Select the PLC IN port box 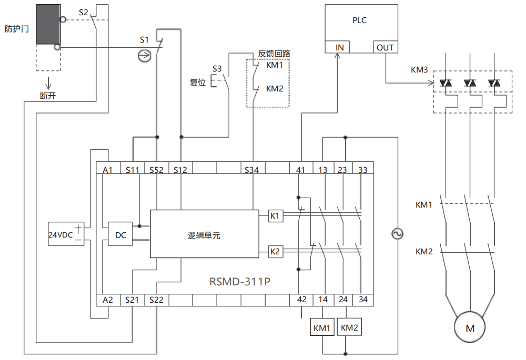coord(339,47)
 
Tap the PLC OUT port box coord(385,47)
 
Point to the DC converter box coord(121,235)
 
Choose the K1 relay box coord(276,215)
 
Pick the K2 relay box coord(276,252)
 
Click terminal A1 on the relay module coord(108,169)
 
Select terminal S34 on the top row coord(252,169)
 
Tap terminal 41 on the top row coord(301,169)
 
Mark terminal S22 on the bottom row coord(156,300)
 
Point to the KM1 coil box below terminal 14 coord(322,328)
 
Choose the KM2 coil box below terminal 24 coord(349,327)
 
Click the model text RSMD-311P coord(240,281)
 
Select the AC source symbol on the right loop coord(398,234)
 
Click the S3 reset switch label coord(217,68)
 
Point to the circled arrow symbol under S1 coord(144,54)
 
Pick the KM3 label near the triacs coord(419,69)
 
